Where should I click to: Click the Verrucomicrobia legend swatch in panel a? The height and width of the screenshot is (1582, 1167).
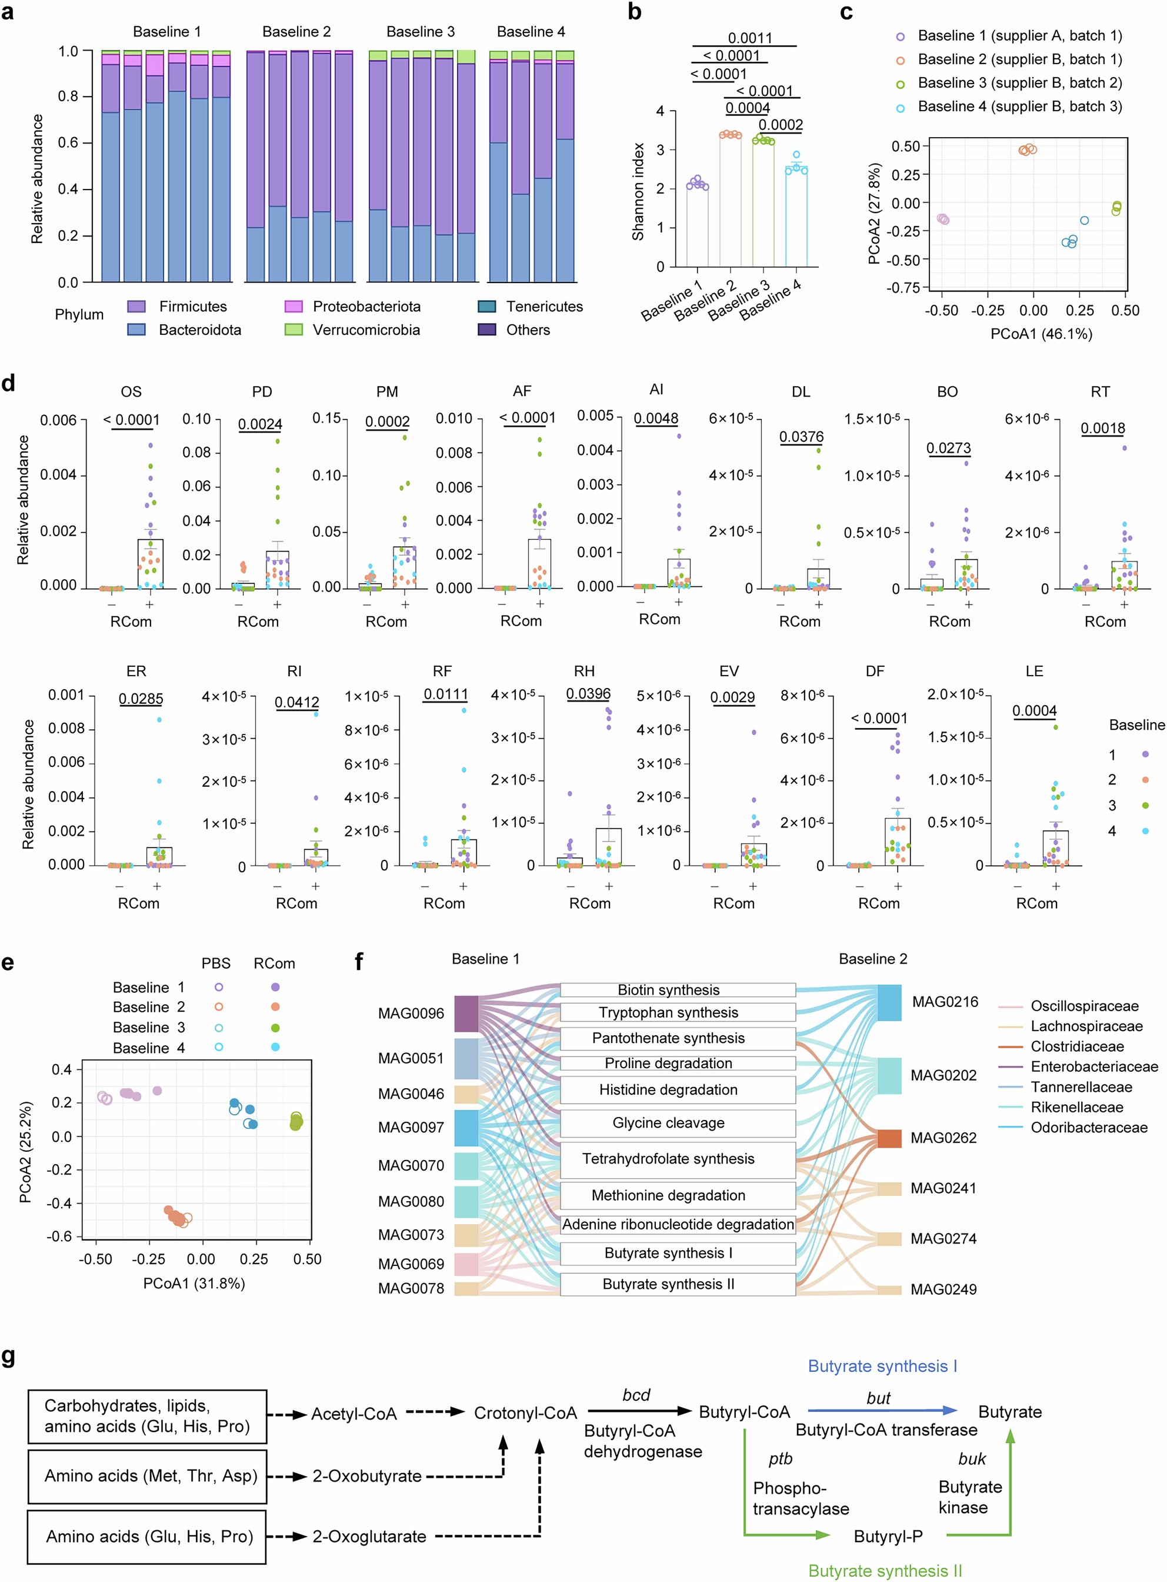(x=293, y=330)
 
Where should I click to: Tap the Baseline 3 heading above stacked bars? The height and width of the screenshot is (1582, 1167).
(x=421, y=32)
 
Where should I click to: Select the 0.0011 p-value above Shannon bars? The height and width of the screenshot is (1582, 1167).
(x=749, y=38)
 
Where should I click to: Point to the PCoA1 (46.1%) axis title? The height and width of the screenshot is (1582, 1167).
(x=1041, y=334)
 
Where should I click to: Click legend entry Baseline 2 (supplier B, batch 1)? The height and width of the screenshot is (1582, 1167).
(x=1019, y=59)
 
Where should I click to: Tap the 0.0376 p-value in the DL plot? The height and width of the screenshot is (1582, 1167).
(x=801, y=437)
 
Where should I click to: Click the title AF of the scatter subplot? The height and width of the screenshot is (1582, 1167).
(x=522, y=391)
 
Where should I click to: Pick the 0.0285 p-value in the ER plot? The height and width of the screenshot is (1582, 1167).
(x=141, y=699)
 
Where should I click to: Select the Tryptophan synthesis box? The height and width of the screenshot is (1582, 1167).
(x=668, y=1012)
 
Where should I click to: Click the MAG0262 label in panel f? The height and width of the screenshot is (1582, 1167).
(x=943, y=1138)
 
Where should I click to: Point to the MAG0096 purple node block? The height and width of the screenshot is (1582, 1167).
(x=466, y=1013)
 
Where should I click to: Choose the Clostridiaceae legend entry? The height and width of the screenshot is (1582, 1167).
(x=1076, y=1046)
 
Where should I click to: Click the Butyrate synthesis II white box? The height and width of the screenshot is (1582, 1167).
(x=668, y=1284)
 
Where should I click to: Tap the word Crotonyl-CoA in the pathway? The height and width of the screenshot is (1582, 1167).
(x=525, y=1413)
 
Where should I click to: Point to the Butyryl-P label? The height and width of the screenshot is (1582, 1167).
(x=888, y=1536)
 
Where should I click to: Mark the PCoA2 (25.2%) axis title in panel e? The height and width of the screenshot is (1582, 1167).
(x=26, y=1152)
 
